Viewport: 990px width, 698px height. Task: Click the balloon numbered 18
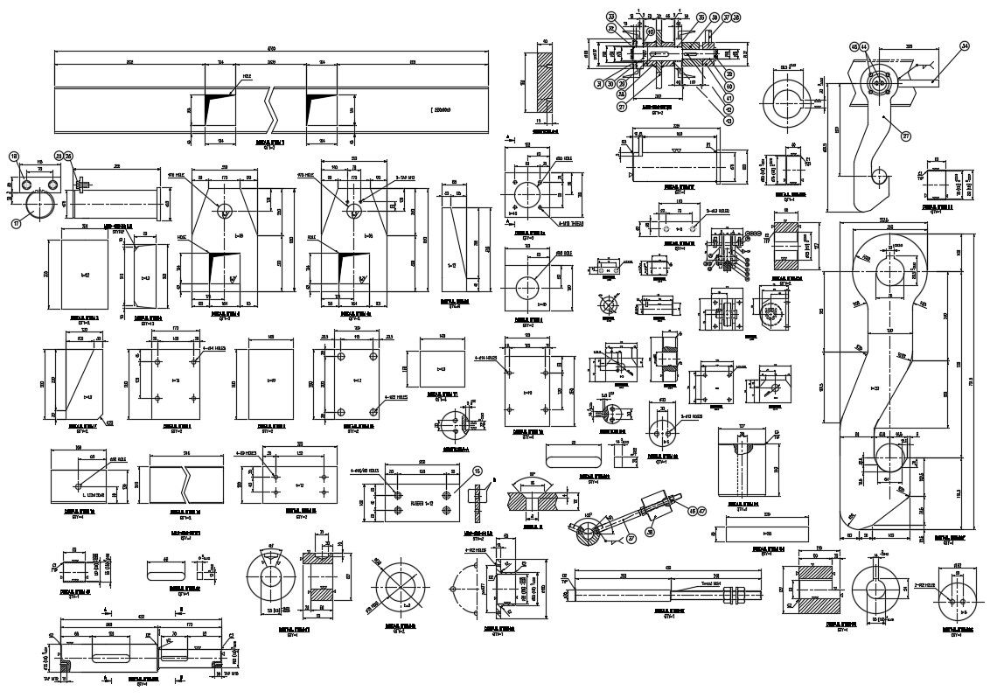(x=14, y=157)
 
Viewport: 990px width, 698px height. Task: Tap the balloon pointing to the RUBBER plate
(x=477, y=471)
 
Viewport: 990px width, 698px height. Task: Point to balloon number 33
(x=611, y=15)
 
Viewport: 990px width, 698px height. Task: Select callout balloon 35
(x=701, y=17)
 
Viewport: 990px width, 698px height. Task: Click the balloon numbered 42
(x=729, y=108)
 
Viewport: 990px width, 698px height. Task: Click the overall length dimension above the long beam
(x=271, y=48)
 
